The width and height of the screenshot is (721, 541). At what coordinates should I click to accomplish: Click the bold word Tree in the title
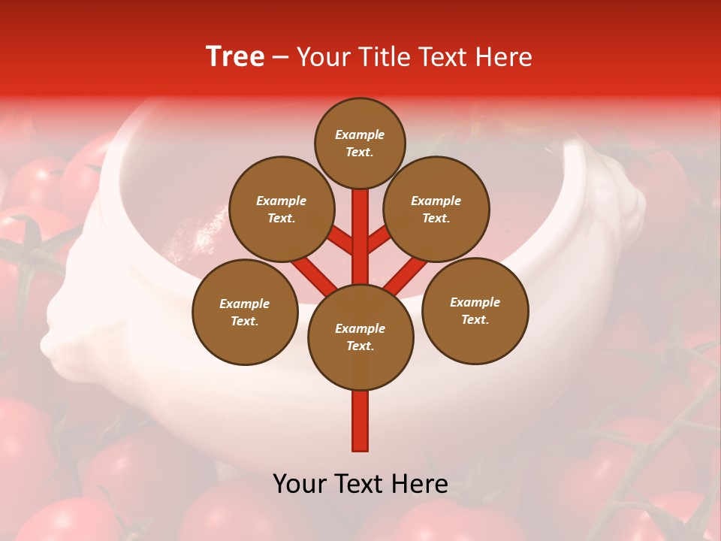pyautogui.click(x=235, y=56)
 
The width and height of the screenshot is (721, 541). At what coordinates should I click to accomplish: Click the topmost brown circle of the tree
pyautogui.click(x=360, y=143)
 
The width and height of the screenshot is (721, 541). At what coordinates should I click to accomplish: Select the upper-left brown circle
pyautogui.click(x=281, y=209)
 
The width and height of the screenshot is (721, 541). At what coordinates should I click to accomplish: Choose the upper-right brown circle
pyautogui.click(x=436, y=209)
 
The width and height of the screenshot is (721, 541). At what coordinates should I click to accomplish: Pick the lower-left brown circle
pyautogui.click(x=245, y=312)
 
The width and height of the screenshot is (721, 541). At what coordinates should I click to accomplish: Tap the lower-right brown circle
pyautogui.click(x=475, y=310)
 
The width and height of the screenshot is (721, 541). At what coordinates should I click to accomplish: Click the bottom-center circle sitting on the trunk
pyautogui.click(x=360, y=337)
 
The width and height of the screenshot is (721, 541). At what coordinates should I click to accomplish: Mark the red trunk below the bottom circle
pyautogui.click(x=360, y=421)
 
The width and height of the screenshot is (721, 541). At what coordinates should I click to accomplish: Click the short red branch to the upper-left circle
pyautogui.click(x=340, y=239)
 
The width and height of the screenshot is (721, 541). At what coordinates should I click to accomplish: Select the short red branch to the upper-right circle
pyautogui.click(x=379, y=239)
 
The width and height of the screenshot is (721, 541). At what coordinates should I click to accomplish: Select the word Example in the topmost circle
pyautogui.click(x=360, y=135)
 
